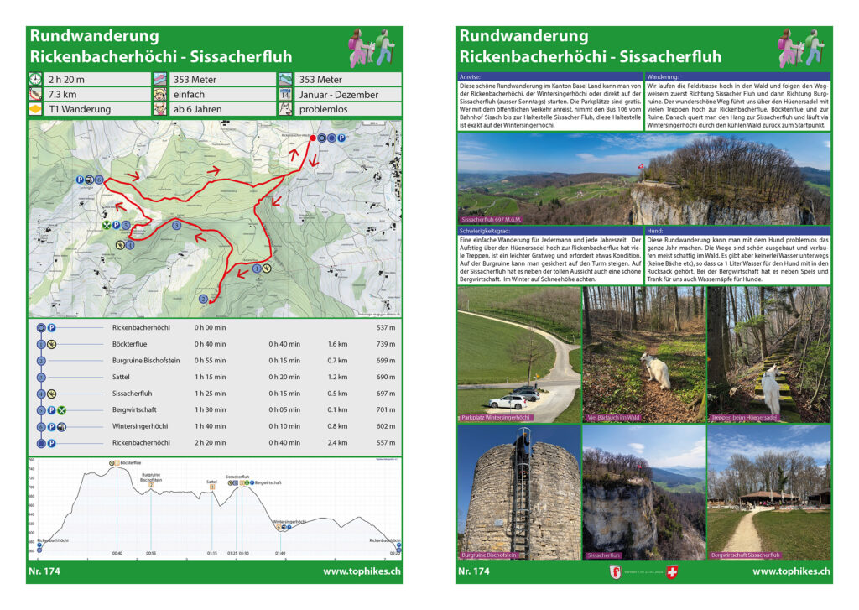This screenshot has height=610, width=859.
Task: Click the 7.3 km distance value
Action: pyautogui.click(x=61, y=95)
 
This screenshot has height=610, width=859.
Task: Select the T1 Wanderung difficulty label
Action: pyautogui.click(x=80, y=110)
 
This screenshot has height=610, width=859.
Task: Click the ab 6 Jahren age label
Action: pyautogui.click(x=196, y=110)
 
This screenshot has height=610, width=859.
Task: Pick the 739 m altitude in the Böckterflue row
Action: pyautogui.click(x=387, y=344)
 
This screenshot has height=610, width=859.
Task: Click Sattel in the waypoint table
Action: pyautogui.click(x=122, y=377)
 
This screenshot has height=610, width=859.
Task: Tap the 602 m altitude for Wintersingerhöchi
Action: pyautogui.click(x=387, y=426)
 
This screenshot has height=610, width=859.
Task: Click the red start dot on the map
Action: pyautogui.click(x=314, y=137)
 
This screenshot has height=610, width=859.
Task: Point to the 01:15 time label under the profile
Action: pyautogui.click(x=212, y=554)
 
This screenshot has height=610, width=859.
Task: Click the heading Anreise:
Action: pyautogui.click(x=471, y=76)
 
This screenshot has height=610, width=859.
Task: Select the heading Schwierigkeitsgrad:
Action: pyautogui.click(x=489, y=230)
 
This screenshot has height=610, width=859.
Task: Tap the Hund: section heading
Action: pyautogui.click(x=655, y=230)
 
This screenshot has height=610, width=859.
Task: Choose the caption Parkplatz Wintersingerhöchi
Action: pyautogui.click(x=496, y=417)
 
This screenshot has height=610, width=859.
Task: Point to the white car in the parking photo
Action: pyautogui.click(x=508, y=402)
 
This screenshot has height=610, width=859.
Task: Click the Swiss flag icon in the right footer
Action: pyautogui.click(x=669, y=571)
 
